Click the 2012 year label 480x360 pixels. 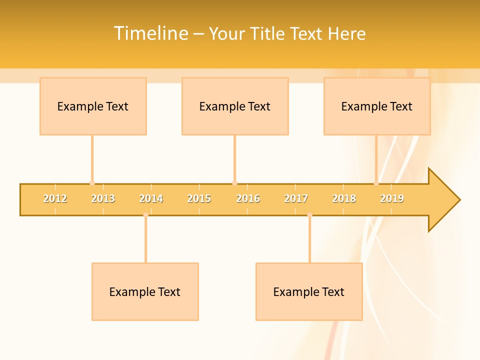[55, 198]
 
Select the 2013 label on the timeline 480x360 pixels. [103, 198]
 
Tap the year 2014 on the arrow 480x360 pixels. [151, 198]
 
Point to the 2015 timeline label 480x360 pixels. [199, 198]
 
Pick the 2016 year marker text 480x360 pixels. [248, 198]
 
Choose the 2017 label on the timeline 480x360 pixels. [296, 198]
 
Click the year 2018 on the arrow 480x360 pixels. [344, 198]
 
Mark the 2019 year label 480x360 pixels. [392, 198]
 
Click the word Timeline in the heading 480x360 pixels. [150, 33]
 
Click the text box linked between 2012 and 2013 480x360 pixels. [93, 106]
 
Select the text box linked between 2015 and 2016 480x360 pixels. [235, 106]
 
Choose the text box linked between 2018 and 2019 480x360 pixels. [377, 106]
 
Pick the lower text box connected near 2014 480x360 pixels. [145, 291]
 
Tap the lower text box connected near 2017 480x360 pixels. [309, 291]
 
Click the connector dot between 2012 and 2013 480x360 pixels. [92, 183]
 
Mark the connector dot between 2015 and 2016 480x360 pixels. [234, 183]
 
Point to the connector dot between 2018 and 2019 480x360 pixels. [376, 183]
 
